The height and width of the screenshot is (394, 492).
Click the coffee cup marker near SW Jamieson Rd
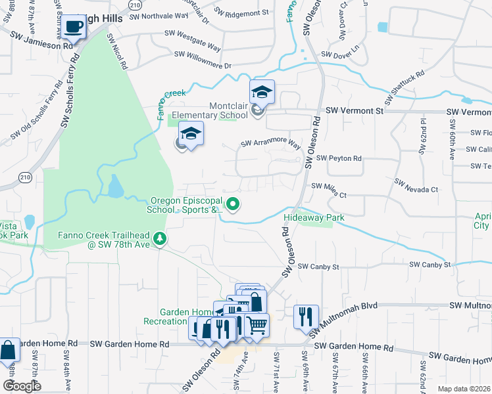click(x=75, y=28)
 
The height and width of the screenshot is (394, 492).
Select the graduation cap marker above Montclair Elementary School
click(x=262, y=93)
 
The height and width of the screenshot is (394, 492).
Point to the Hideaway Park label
click(x=314, y=217)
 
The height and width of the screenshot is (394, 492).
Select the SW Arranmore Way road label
click(x=270, y=143)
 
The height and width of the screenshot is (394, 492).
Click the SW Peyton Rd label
click(x=339, y=158)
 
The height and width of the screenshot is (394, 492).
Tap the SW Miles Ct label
click(x=329, y=186)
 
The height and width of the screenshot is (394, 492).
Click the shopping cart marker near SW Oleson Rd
click(x=257, y=324)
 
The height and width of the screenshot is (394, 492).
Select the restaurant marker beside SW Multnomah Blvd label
click(x=306, y=316)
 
